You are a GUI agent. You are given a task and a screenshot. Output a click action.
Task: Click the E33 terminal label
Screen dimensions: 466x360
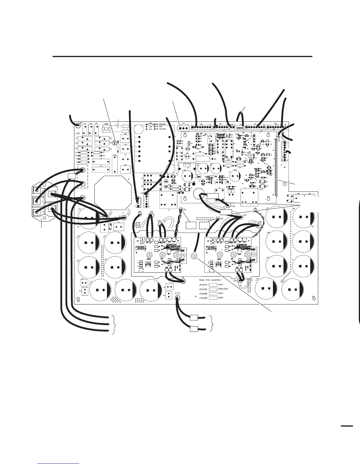click(x=177, y=293)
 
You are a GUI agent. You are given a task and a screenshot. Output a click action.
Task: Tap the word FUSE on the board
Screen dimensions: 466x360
click(x=106, y=124)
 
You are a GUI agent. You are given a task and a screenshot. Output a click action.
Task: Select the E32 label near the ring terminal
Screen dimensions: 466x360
click(x=233, y=207)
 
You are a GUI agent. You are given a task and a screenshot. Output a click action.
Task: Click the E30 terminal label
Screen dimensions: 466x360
click(x=259, y=222)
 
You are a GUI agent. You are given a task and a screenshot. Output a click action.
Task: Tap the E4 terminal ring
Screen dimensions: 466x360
click(x=184, y=280)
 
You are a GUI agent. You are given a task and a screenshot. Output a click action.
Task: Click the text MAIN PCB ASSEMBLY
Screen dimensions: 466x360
click(x=210, y=280)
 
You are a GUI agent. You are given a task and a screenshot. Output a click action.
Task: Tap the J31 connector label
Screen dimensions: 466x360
click(x=222, y=219)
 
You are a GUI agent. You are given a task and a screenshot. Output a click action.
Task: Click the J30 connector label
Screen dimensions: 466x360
click(x=185, y=209)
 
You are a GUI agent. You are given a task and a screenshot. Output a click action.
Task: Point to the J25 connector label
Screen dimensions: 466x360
click(x=140, y=212)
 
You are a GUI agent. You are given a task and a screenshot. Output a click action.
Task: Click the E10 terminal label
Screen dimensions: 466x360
click(x=151, y=212)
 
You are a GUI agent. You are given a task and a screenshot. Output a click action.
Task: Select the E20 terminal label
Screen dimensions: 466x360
click(x=159, y=221)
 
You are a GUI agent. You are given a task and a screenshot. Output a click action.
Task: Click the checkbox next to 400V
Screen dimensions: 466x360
click(x=213, y=294)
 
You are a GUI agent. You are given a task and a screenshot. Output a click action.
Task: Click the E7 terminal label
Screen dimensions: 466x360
click(x=120, y=216)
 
